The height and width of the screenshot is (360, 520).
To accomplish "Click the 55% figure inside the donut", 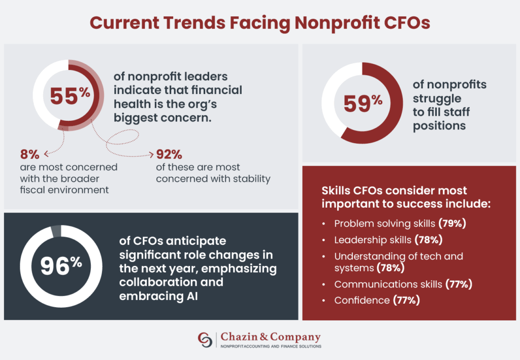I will coord(70,95).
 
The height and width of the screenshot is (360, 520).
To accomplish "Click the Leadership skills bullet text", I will coord(373,239).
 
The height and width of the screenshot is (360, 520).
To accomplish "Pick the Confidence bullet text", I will coord(362,300).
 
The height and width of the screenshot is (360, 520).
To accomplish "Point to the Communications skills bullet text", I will coord(388,284).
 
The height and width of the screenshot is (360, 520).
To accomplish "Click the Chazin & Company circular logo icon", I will coord(205,340).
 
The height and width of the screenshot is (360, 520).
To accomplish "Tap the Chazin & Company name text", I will coord(271,337).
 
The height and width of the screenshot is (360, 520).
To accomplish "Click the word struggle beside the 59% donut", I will coord(437,98).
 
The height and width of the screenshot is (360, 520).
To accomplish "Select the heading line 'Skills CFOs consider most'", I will coord(394,191).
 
